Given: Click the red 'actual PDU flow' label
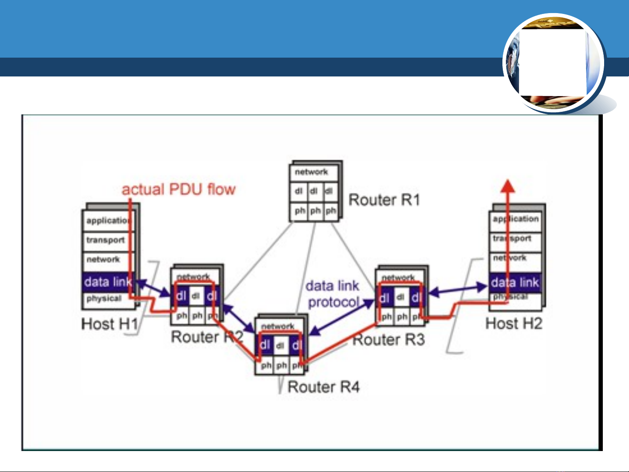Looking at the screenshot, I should [179, 189].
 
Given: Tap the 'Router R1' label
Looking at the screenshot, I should [384, 200].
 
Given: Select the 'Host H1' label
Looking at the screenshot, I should [110, 324].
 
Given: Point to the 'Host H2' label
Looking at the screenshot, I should [514, 324].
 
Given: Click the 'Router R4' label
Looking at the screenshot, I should [323, 387].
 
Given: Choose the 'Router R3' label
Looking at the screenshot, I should [388, 340].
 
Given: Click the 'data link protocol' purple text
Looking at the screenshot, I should [333, 294].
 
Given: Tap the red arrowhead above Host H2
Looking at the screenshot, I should [507, 186].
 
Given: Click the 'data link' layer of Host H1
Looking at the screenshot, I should [107, 282].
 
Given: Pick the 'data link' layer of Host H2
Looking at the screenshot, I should [515, 283].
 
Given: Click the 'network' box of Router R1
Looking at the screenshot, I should [313, 172].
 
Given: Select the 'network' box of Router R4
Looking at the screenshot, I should [278, 326].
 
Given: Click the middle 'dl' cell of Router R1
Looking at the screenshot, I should [314, 191].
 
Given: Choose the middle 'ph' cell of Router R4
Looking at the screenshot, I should [282, 365].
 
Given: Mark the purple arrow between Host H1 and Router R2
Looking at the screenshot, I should [154, 288].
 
